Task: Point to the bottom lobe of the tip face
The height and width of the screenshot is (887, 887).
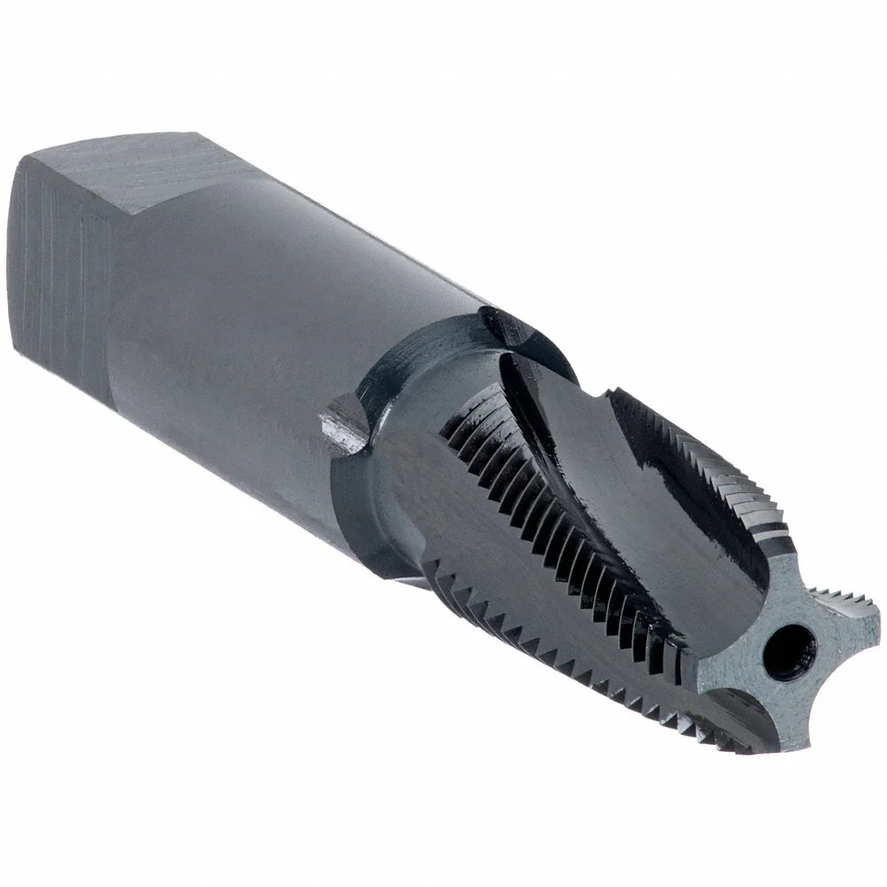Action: pos(781,718)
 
